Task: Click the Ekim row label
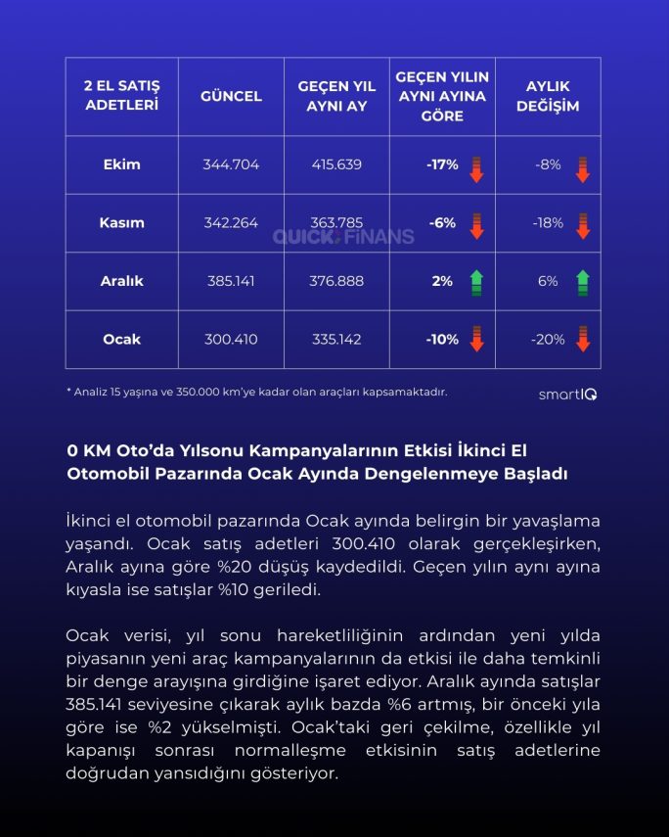(121, 164)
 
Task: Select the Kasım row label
(121, 222)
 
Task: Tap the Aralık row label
(121, 281)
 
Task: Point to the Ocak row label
(121, 340)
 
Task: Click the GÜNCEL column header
(231, 96)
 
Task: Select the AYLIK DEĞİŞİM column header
(547, 96)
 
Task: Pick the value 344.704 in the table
(231, 164)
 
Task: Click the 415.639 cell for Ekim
(336, 164)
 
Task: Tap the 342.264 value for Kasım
(231, 222)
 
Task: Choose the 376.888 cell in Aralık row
(336, 281)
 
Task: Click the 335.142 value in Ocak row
(336, 340)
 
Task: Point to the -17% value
(442, 164)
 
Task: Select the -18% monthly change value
(548, 222)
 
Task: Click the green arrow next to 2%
(476, 282)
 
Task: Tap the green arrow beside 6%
(582, 282)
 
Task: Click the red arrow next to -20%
(582, 340)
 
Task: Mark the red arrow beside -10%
(476, 340)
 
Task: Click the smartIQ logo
(568, 395)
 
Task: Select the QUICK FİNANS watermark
(342, 236)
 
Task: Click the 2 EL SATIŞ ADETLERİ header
(121, 96)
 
